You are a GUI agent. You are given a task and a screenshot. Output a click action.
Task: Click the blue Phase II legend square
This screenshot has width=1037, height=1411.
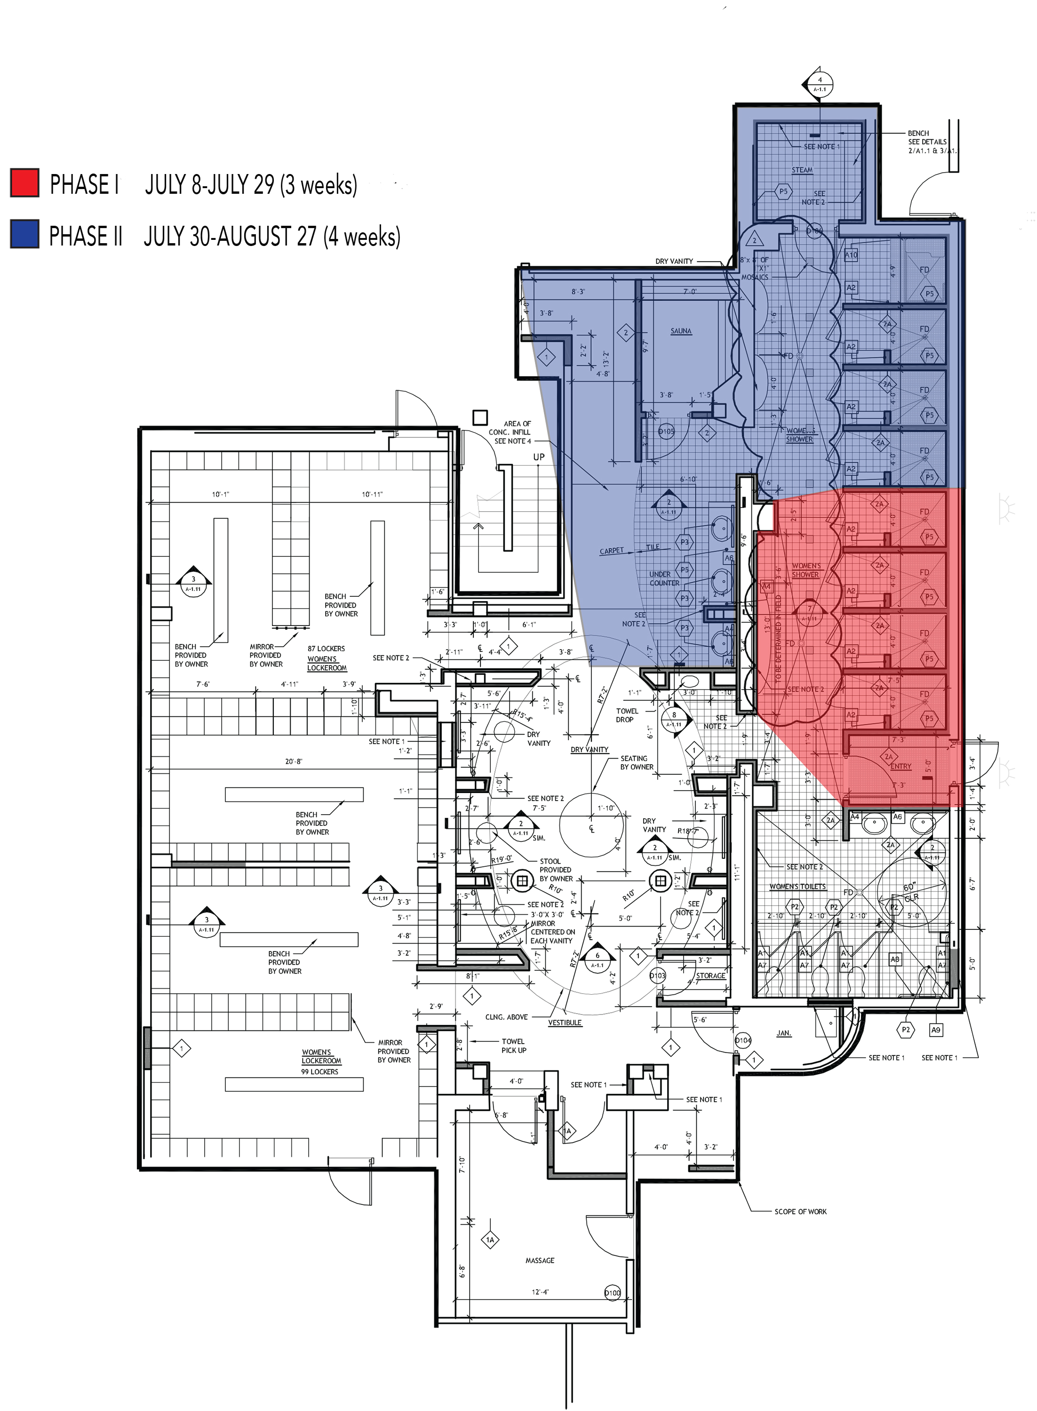(x=25, y=235)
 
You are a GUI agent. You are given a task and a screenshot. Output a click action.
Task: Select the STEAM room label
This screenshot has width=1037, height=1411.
(x=802, y=170)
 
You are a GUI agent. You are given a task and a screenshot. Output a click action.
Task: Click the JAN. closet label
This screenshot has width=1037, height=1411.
(x=783, y=1033)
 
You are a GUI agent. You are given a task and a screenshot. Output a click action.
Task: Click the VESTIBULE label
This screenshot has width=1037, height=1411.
(x=565, y=1023)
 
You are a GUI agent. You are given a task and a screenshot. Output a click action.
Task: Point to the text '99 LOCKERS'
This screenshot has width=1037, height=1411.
(x=319, y=1071)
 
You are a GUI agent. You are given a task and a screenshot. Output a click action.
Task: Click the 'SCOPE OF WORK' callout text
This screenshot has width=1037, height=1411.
(x=800, y=1212)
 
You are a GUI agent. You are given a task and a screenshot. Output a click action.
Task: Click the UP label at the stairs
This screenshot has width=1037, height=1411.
(x=539, y=457)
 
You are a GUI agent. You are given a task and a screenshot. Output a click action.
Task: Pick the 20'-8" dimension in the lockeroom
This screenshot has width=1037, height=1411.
(x=293, y=761)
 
